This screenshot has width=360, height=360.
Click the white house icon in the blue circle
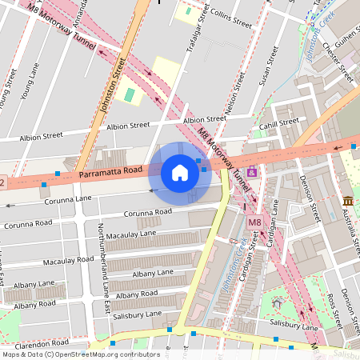180,173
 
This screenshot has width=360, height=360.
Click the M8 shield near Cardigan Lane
254,222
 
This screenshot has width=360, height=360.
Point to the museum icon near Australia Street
347,201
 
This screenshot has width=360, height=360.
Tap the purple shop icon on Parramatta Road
253,172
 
